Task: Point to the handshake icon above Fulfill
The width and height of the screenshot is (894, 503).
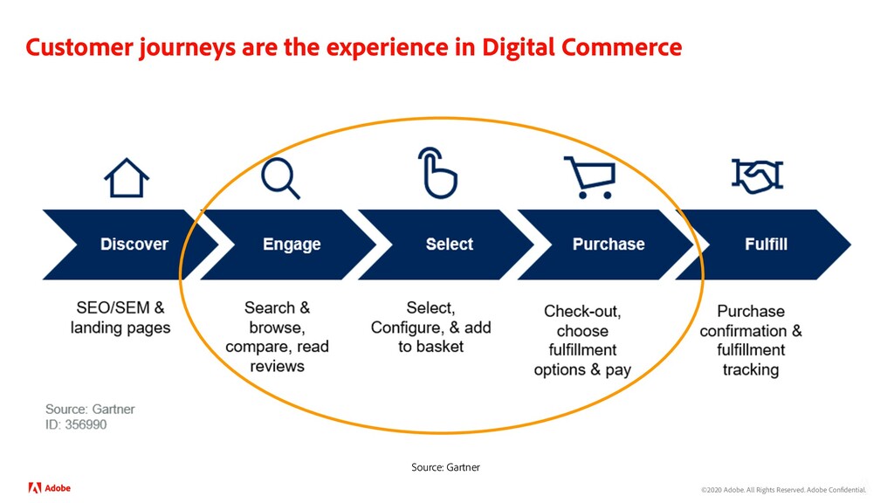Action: (x=757, y=176)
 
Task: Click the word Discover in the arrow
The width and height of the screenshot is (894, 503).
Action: (x=134, y=245)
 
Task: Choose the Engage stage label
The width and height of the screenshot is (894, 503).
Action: (x=292, y=245)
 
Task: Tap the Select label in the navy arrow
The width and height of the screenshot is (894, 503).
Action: (x=449, y=245)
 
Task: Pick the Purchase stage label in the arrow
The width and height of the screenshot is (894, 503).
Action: (x=609, y=245)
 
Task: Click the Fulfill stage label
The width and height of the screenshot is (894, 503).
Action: (x=766, y=245)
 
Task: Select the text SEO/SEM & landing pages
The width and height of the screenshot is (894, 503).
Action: (x=120, y=318)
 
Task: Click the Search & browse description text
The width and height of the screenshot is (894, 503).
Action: (x=277, y=337)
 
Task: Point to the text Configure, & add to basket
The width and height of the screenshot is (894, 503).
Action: (x=430, y=327)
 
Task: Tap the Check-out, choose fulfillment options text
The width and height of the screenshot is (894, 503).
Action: (x=582, y=341)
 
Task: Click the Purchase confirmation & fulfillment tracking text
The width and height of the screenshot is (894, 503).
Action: (x=751, y=341)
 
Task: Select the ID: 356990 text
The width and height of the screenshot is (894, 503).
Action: (x=77, y=425)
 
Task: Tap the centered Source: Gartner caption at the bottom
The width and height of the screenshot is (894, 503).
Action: (x=445, y=467)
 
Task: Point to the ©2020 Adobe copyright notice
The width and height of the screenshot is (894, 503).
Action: (x=783, y=491)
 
